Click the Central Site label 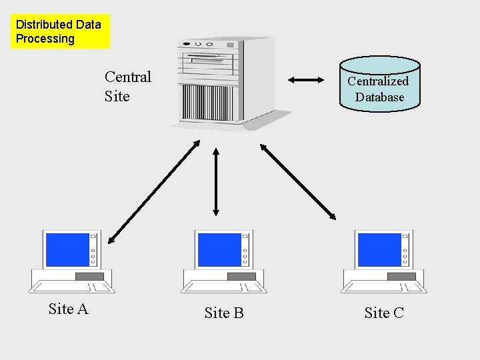tap(127, 87)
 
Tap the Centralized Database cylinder tap(379, 84)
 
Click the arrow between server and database tap(305, 81)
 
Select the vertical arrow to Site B tap(215, 181)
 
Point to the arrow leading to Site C tap(298, 181)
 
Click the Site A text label tap(68, 309)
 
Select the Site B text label tap(224, 313)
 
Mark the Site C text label tap(384, 313)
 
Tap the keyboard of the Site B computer tap(223, 287)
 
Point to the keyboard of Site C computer tap(383, 287)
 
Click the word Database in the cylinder tap(379, 97)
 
